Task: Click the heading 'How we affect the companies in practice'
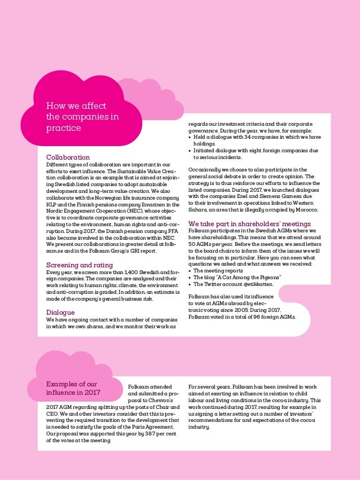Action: [x=83, y=117]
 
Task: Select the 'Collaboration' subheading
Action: [x=68, y=157]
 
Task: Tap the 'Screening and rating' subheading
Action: [x=79, y=265]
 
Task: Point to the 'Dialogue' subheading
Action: [x=60, y=312]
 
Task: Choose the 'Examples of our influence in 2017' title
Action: [x=73, y=388]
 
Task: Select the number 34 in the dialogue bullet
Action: [x=247, y=137]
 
